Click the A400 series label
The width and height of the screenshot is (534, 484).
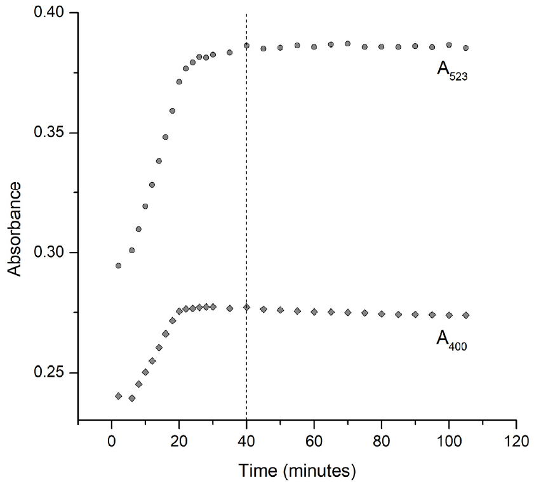coord(451,340)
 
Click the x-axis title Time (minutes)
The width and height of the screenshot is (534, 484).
coord(297,471)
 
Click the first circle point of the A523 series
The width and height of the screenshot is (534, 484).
coord(118,266)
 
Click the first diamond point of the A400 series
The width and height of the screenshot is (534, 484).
coord(118,396)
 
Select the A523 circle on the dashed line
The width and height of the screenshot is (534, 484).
coord(246,46)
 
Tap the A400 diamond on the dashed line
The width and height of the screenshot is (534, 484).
coord(246,308)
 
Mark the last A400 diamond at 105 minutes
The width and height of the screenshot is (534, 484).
coord(465,315)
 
